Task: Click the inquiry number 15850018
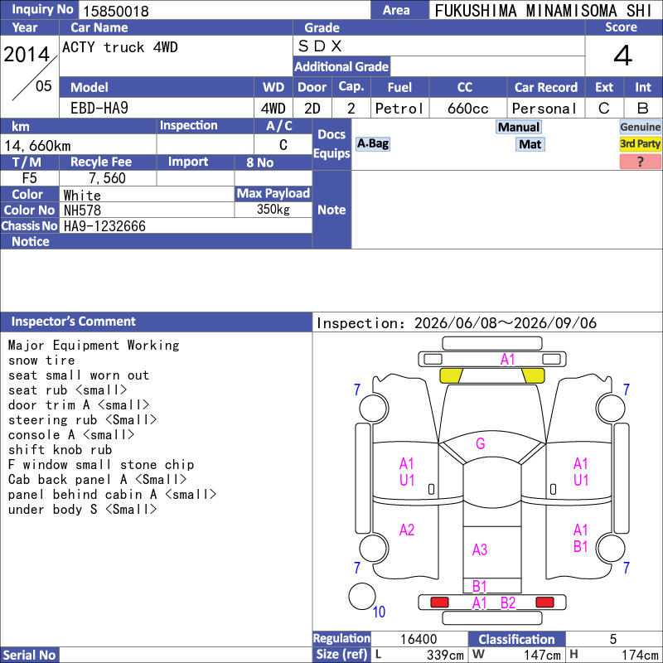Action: pyautogui.click(x=116, y=11)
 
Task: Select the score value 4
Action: pyautogui.click(x=623, y=56)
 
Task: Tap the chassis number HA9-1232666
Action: pyautogui.click(x=104, y=226)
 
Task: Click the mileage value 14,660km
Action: pyautogui.click(x=37, y=146)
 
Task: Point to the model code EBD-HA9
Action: pyautogui.click(x=99, y=109)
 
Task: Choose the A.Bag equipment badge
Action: pyautogui.click(x=372, y=143)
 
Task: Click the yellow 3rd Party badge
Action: pyautogui.click(x=640, y=143)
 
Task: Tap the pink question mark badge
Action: pyautogui.click(x=640, y=162)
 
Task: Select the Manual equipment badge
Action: pyautogui.click(x=519, y=127)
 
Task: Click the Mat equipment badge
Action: pyautogui.click(x=530, y=144)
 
